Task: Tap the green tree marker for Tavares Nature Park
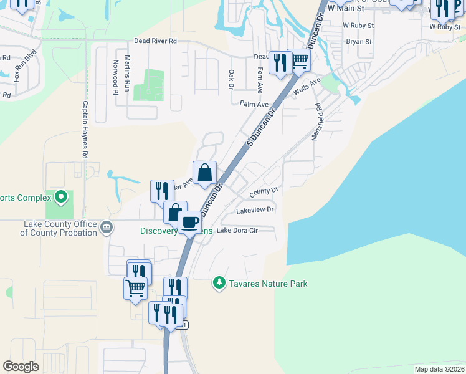click(x=219, y=284)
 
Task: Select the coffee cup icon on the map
click(x=190, y=222)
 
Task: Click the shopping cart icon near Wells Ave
click(x=300, y=60)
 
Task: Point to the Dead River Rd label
click(x=156, y=41)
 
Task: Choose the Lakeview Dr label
click(x=255, y=211)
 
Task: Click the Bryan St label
click(x=359, y=42)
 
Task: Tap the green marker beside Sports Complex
click(x=60, y=198)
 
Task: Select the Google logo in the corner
click(x=21, y=367)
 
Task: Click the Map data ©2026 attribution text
click(x=439, y=369)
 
